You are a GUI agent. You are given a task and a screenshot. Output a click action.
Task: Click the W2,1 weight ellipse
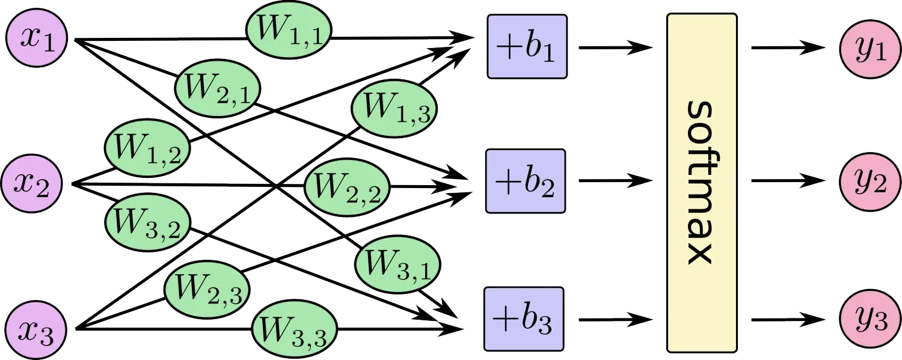point(218,91)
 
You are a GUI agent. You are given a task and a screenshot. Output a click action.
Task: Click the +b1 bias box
point(527,47)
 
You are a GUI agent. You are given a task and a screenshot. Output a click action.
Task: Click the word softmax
point(702,182)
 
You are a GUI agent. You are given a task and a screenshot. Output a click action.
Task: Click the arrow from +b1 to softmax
point(615,47)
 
